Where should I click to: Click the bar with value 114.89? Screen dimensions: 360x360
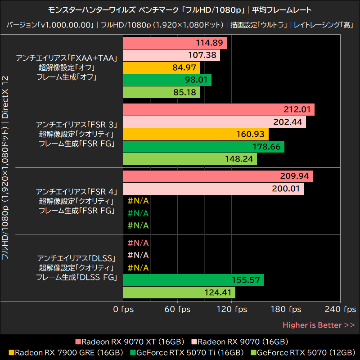pos(175,43)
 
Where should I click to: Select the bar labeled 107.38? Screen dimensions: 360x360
pos(171,55)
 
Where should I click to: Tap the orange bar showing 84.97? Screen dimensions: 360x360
pos(161,68)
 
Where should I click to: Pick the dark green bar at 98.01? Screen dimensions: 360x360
pos(167,80)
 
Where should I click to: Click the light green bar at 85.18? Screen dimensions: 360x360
pos(161,92)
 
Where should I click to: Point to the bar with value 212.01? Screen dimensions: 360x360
pos(218,110)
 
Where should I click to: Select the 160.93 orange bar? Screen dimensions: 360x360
pos(195,134)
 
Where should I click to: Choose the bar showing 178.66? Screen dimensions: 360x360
pos(203,147)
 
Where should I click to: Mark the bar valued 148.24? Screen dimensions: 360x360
pos(189,159)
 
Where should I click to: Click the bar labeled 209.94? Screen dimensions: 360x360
pos(217,176)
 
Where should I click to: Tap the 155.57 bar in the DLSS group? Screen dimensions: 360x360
pos(193,280)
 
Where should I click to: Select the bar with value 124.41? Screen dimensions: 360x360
pos(179,292)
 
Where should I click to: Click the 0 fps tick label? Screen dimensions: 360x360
pos(123,309)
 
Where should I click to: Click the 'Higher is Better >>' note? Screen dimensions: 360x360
pos(318,325)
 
